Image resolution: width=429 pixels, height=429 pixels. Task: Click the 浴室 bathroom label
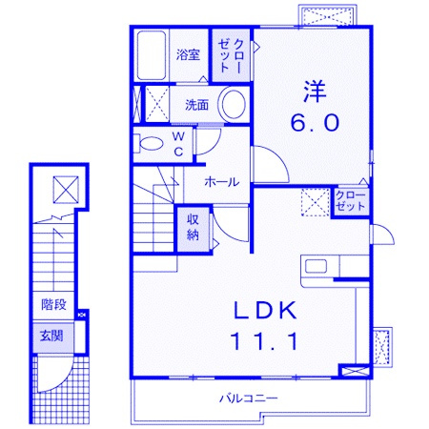(x=188, y=55)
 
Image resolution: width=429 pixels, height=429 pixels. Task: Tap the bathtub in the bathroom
(x=152, y=55)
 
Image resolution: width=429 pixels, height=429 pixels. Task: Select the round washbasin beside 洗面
(x=234, y=104)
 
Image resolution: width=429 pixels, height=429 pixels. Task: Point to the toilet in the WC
(x=149, y=144)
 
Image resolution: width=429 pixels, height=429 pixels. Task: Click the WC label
(x=178, y=145)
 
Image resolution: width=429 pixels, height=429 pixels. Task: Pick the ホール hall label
(x=222, y=182)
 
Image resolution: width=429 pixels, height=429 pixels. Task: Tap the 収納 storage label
(x=193, y=227)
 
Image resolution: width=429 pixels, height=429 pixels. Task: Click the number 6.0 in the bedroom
(x=315, y=123)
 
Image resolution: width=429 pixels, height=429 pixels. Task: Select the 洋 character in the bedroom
(x=315, y=92)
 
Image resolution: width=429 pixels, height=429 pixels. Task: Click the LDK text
(x=265, y=310)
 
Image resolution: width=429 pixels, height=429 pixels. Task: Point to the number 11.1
(x=265, y=341)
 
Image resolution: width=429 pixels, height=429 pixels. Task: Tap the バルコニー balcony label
(x=249, y=398)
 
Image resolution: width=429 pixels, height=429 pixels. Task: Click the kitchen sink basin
(x=316, y=266)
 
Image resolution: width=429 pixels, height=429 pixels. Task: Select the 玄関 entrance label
(x=51, y=336)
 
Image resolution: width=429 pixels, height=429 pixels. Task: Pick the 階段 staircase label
(x=53, y=304)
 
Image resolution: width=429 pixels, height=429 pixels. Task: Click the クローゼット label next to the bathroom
(x=231, y=55)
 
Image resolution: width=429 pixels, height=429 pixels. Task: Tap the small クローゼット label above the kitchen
(x=351, y=201)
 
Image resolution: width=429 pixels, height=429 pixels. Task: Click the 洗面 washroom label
(x=197, y=105)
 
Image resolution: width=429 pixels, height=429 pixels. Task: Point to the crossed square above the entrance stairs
(x=66, y=190)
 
